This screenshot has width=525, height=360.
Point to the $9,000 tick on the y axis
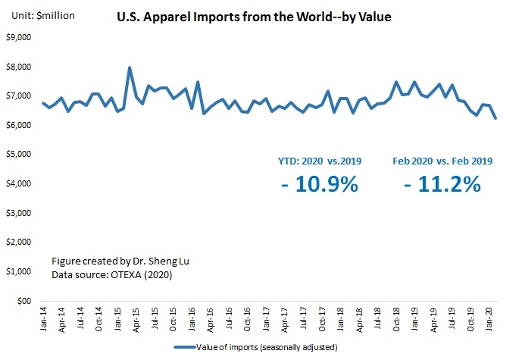coord(18,37)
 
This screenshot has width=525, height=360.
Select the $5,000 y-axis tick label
coord(18,155)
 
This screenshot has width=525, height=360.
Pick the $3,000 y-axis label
coord(18,213)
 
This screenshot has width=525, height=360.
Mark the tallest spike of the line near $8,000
coord(130,68)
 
